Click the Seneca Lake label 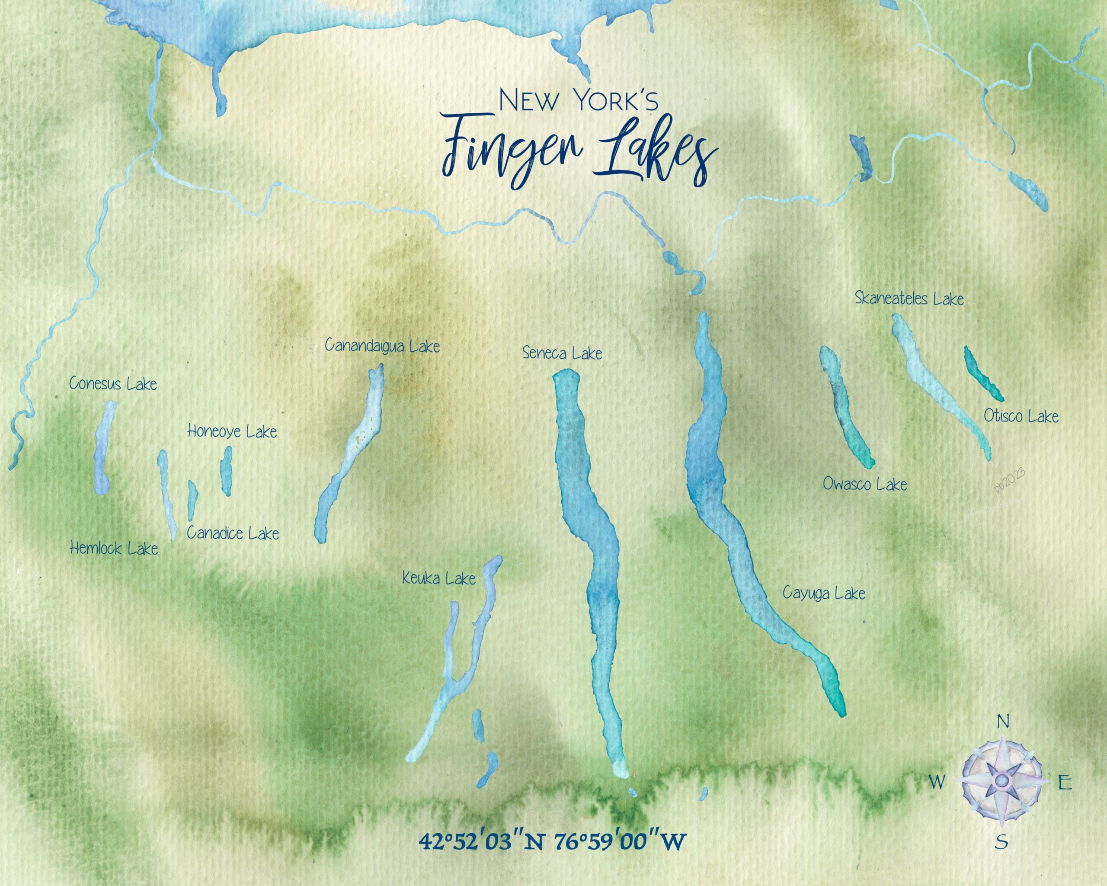(562, 353)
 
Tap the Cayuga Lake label (824, 594)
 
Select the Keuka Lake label (439, 579)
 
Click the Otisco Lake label (1021, 416)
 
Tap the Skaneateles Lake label (909, 299)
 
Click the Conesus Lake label (113, 384)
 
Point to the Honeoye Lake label (232, 431)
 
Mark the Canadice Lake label (233, 533)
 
